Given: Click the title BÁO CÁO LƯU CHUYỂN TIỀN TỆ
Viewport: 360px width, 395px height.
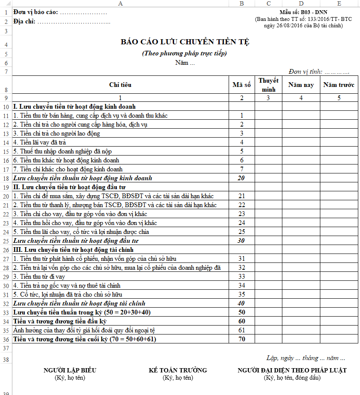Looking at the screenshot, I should (x=185, y=42).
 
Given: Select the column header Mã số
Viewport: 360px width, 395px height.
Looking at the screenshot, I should (x=241, y=85).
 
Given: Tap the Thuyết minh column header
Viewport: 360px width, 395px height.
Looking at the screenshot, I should (x=268, y=85).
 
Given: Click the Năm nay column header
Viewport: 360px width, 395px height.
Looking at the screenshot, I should (x=301, y=85).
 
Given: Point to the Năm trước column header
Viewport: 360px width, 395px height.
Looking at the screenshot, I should (x=339, y=85).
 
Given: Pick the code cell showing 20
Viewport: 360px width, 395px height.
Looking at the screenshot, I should (x=241, y=178).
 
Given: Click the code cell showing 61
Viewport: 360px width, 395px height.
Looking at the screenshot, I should (x=241, y=330).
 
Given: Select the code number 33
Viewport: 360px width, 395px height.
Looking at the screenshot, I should (x=241, y=277).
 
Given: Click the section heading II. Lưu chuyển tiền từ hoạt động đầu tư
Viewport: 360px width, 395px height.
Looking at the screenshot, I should (x=69, y=187).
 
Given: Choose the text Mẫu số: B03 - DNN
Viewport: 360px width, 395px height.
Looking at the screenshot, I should (x=304, y=13).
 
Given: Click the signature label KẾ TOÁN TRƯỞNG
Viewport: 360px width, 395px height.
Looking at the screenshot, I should (x=178, y=370).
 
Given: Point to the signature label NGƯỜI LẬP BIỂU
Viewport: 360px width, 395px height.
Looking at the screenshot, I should (x=70, y=370).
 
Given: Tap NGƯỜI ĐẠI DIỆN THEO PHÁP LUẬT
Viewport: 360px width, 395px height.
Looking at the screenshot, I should (x=292, y=370).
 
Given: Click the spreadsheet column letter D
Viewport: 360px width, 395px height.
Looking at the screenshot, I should (x=301, y=3).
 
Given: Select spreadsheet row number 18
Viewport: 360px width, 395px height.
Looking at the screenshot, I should (x=6, y=179).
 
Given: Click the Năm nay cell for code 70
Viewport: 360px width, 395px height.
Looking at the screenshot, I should (x=301, y=339).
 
